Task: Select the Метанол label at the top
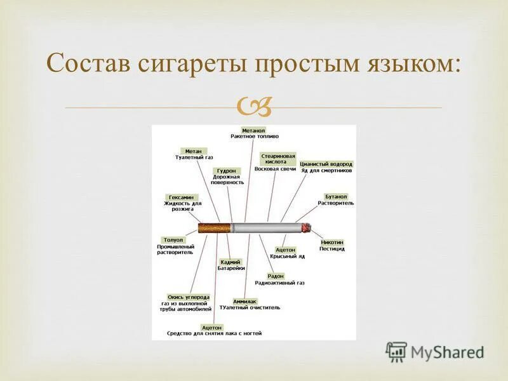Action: (254, 130)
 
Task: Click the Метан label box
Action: (193, 151)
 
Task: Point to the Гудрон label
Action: (227, 171)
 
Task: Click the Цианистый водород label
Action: (326, 164)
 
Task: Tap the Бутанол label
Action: (336, 196)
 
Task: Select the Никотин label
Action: (332, 242)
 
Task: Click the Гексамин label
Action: (182, 197)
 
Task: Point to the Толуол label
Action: (173, 240)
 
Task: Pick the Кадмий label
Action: (231, 262)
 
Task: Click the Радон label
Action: (276, 276)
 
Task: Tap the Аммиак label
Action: (245, 301)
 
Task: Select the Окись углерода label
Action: (188, 297)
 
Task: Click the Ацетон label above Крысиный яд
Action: (285, 250)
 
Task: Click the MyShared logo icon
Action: (396, 351)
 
